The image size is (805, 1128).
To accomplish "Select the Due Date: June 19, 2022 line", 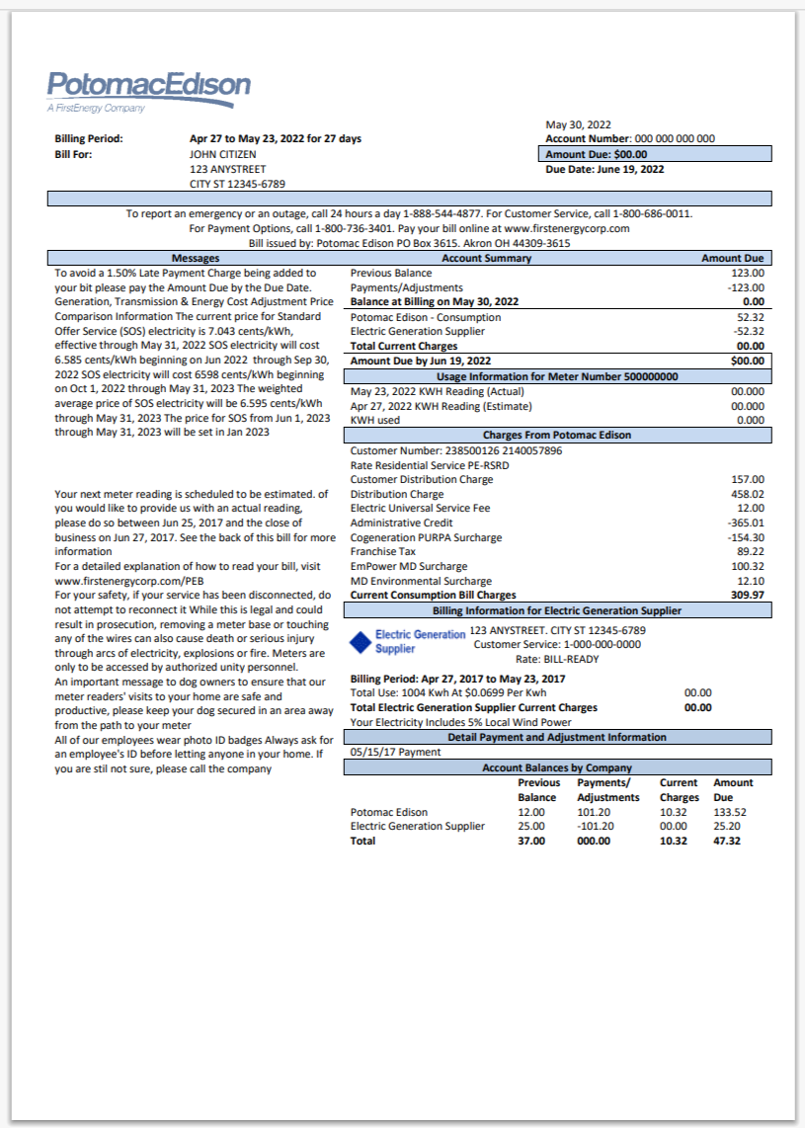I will coord(604,169).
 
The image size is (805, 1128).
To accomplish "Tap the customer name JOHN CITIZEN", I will coord(222,154).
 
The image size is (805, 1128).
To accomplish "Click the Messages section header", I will coord(196,258).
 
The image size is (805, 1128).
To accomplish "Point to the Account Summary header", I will coord(486,258).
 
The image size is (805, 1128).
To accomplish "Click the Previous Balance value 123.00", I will coord(747,273).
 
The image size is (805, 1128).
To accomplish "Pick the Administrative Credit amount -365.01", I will coord(744,523).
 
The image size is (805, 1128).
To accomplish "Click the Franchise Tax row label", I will coord(383,551).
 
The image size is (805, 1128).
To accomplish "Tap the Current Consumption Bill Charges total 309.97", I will coord(746,596).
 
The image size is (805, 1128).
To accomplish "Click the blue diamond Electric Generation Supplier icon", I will coord(362,642).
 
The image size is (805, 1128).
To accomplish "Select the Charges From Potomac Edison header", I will coord(556,435).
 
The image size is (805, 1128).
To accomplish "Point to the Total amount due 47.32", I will coord(726,841).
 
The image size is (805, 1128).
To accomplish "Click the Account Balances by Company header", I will coord(556,767).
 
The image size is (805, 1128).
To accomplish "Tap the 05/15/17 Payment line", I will coord(395,752).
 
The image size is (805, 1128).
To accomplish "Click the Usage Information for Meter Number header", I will coord(556,376).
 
